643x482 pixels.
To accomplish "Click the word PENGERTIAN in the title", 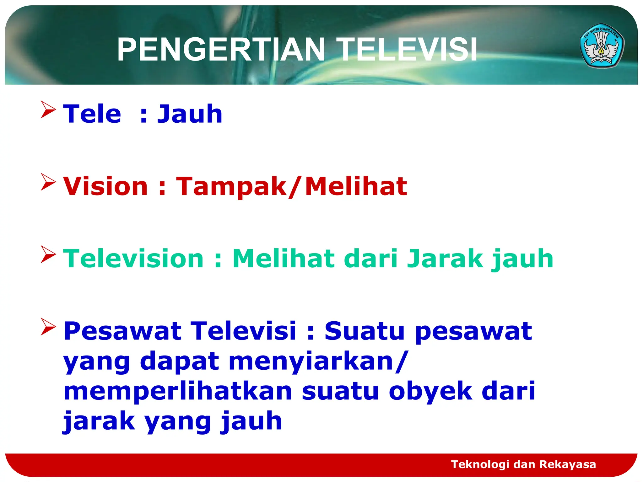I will click(221, 50).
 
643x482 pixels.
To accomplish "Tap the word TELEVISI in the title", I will click(408, 50).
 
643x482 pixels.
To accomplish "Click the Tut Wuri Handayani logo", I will click(602, 46).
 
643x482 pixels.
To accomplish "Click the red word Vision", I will click(105, 186).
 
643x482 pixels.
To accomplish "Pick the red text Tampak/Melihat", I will click(291, 187).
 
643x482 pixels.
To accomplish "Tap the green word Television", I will click(134, 259).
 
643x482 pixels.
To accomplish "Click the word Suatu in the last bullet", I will click(365, 331).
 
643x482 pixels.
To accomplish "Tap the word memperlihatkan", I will click(178, 391).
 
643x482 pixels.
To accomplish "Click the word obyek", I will click(430, 392).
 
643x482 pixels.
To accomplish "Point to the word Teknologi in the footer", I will click(480, 464).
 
